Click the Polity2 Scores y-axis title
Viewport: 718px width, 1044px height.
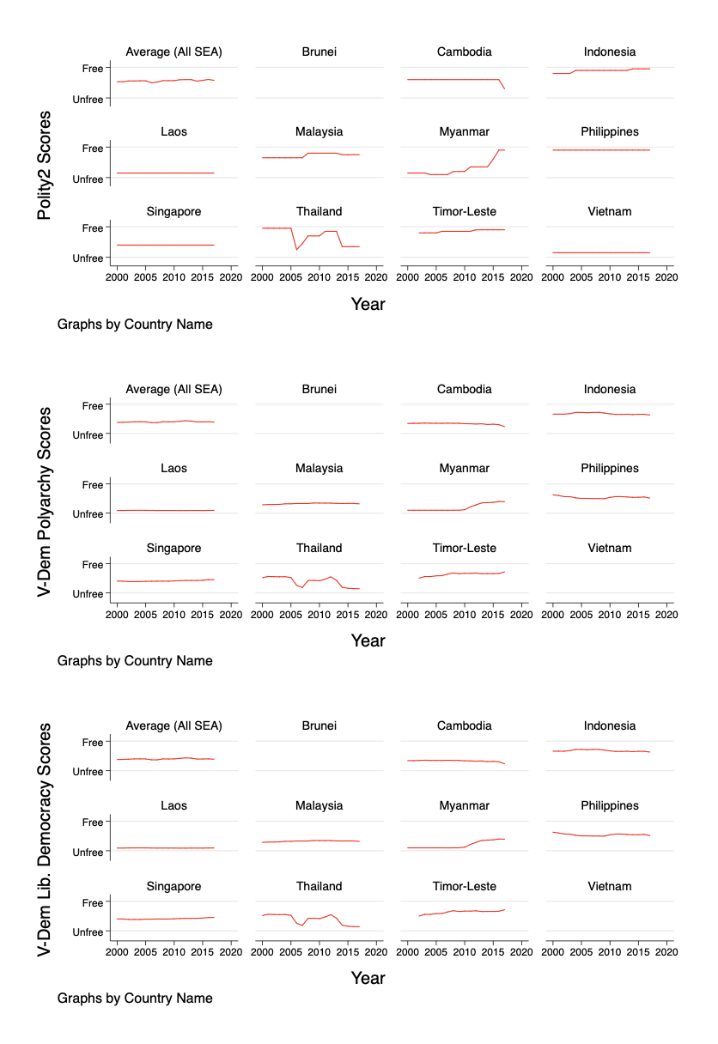(x=46, y=164)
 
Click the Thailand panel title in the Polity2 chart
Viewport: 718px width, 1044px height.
(x=319, y=211)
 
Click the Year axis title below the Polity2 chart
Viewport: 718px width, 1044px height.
(x=368, y=304)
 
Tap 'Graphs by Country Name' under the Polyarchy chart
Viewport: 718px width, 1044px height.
(x=135, y=661)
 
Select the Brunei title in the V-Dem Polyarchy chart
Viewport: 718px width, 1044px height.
(x=319, y=389)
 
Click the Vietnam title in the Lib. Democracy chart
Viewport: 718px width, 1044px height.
(x=609, y=886)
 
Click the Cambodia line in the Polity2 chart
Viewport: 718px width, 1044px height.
(x=455, y=79)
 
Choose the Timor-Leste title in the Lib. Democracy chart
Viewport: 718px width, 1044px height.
(x=464, y=886)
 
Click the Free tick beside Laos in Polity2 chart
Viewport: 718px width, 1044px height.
(x=93, y=148)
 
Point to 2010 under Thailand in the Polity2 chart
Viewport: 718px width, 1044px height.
(x=319, y=277)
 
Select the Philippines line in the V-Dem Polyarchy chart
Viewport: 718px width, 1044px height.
(x=593, y=498)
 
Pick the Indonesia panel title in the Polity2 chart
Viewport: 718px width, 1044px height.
(x=609, y=52)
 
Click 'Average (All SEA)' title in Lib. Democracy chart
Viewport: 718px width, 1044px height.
(x=173, y=725)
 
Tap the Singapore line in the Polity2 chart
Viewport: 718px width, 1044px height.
(x=163, y=245)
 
